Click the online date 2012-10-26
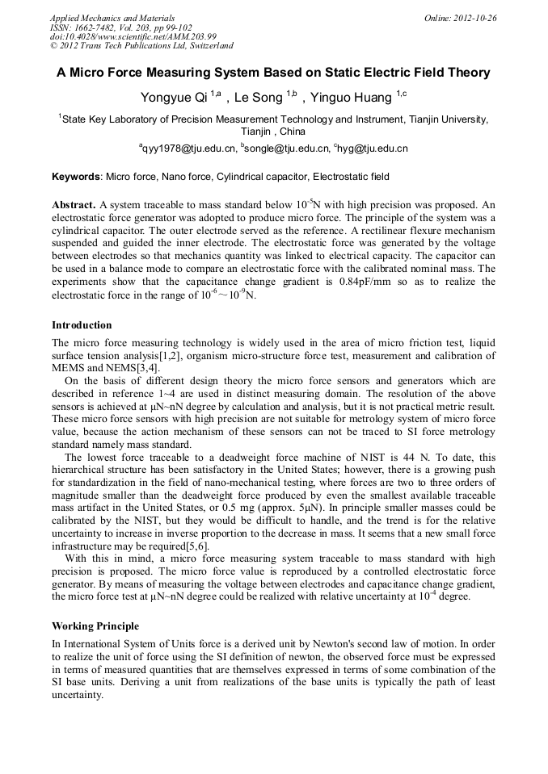[474, 18]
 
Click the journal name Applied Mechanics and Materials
[112, 18]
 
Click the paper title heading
[273, 73]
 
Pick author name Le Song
[258, 98]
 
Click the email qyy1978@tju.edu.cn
[189, 149]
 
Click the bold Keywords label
[77, 176]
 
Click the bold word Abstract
[74, 205]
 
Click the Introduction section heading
[82, 325]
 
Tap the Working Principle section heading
[95, 625]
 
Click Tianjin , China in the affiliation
[273, 131]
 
